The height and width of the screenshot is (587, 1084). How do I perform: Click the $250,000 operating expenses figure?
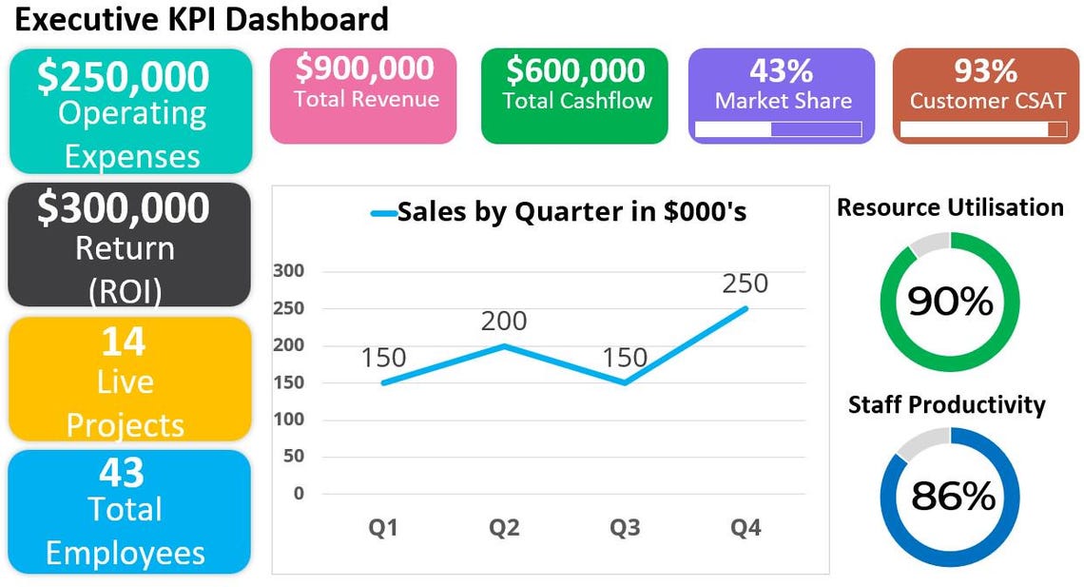tap(124, 76)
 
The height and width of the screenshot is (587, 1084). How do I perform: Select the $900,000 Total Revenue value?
tap(364, 68)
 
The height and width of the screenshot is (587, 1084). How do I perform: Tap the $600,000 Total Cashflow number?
tap(575, 70)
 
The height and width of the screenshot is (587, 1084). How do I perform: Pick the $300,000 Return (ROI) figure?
tap(124, 208)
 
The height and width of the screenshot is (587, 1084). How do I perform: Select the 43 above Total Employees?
tap(122, 473)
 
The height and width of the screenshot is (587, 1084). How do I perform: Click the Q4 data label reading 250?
tap(745, 284)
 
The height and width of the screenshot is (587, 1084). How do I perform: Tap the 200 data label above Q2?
tap(504, 321)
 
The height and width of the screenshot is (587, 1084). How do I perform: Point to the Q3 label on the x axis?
tap(625, 527)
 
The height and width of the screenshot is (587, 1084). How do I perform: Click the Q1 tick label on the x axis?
tap(383, 527)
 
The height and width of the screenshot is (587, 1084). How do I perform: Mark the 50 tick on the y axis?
tap(293, 457)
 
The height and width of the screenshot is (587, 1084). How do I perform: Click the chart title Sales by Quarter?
tap(571, 211)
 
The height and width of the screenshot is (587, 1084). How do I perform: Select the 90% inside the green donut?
tap(950, 302)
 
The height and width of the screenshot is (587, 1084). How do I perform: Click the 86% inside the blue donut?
tap(953, 496)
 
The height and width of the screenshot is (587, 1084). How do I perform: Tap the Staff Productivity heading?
tap(946, 404)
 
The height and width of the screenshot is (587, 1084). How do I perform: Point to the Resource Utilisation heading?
tap(950, 207)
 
